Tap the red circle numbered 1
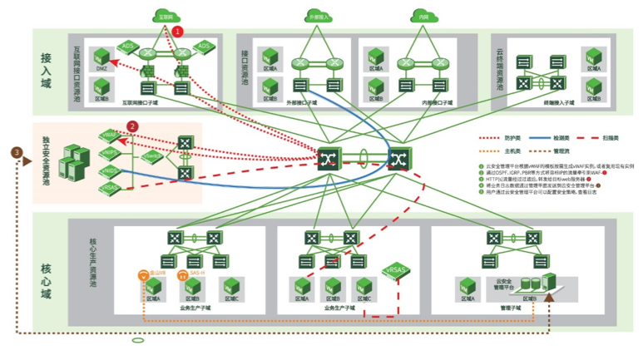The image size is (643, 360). (177, 32)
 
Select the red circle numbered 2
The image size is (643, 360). (131, 127)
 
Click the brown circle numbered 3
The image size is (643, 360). (17, 152)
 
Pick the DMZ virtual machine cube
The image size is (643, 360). (101, 56)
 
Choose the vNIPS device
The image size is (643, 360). (110, 152)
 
